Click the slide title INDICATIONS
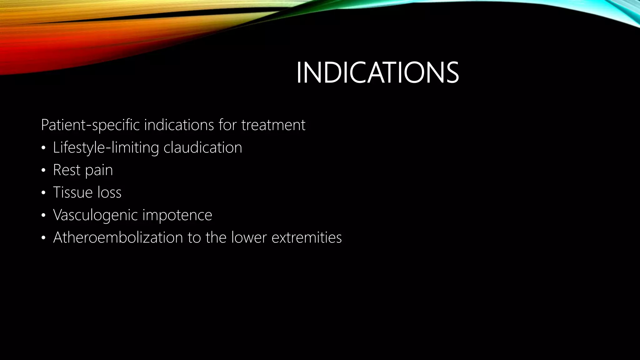coord(377,73)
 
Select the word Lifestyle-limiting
coord(106,147)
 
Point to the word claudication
coord(203,147)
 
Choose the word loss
coord(109,192)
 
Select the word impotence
coord(177,215)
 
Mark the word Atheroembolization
coord(118,237)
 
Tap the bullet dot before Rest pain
coord(43,171)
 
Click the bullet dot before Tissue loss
coord(43,193)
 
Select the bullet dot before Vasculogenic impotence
coord(43,215)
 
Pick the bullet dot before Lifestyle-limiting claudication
coord(43,148)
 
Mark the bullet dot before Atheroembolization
coord(43,238)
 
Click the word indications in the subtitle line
coord(179,125)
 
